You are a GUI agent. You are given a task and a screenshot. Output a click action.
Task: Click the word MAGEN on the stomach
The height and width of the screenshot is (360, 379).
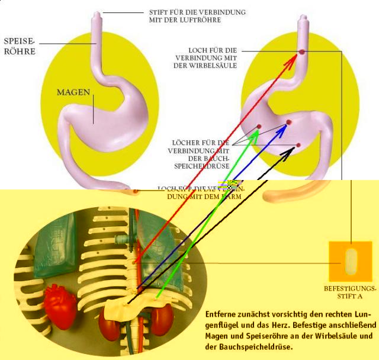[x=73, y=92]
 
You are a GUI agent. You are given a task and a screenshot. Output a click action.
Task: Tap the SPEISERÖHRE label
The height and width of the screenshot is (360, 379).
[x=20, y=46]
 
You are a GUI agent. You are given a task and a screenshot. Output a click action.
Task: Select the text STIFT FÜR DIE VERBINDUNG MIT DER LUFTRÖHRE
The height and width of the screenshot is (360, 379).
[x=197, y=15]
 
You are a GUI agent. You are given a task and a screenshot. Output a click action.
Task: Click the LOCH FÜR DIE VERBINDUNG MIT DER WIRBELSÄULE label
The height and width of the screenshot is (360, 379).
[x=204, y=57]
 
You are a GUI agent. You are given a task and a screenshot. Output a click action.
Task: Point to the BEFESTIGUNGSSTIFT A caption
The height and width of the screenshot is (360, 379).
[x=351, y=292]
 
